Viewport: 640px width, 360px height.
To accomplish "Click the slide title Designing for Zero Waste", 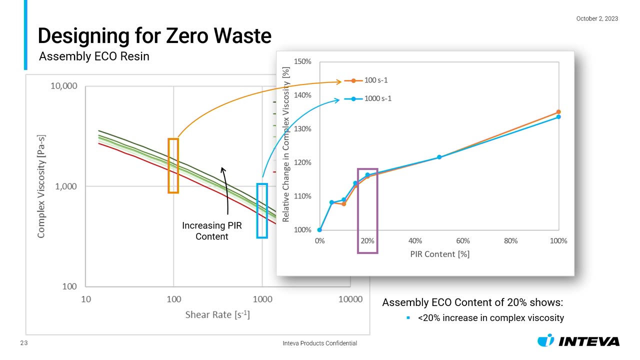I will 154,36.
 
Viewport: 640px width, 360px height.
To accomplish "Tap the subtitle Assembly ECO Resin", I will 94,56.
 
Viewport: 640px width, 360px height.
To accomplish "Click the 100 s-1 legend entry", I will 375,80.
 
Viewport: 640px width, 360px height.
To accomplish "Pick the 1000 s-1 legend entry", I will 377,98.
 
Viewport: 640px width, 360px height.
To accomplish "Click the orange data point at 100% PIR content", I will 558,112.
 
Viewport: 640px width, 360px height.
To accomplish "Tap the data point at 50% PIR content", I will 439,157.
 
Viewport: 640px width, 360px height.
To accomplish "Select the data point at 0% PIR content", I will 319,230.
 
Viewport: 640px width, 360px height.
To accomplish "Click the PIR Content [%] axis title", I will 439,254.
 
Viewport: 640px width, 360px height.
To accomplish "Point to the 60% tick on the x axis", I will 463,240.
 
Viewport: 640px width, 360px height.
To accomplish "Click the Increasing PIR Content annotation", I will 211,231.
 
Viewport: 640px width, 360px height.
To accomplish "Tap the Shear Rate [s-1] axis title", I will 217,314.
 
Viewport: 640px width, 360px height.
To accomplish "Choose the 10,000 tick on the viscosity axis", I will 64,86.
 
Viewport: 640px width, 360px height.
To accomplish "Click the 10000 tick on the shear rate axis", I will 350,299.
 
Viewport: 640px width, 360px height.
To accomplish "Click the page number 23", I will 23,343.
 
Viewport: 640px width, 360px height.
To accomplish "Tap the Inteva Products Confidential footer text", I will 319,343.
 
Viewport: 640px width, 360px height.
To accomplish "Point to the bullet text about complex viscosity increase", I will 490,317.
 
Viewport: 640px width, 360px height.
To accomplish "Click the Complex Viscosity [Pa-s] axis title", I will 41,186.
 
